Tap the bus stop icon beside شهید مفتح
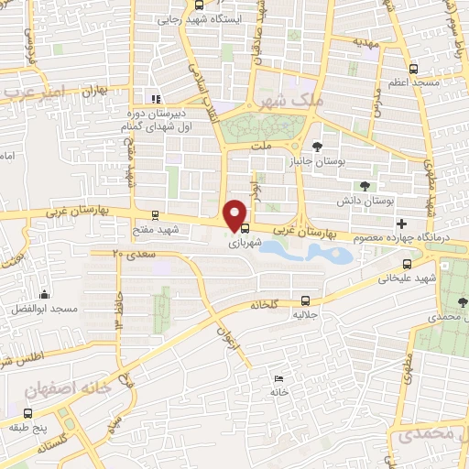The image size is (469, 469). tap(154, 215)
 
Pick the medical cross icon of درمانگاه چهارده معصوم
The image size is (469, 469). tap(401, 224)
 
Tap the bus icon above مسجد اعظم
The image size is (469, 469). tap(413, 69)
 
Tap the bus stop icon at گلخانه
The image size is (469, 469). tap(305, 299)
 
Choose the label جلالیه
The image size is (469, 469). tap(304, 314)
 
